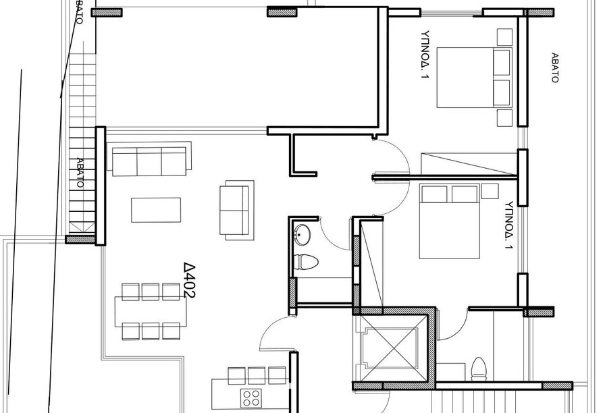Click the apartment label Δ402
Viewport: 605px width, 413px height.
click(190, 281)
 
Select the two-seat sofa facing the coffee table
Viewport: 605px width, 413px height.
click(237, 210)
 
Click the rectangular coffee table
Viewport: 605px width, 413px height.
click(156, 210)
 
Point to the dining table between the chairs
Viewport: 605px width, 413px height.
click(151, 312)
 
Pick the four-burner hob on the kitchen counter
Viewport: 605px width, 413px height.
click(251, 398)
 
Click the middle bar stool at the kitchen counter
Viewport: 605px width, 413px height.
click(256, 376)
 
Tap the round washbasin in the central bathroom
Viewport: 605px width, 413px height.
click(302, 234)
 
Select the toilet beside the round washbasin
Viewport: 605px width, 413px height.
click(305, 263)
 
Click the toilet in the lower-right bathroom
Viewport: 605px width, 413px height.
click(479, 369)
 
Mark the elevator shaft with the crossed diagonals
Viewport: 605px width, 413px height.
click(390, 349)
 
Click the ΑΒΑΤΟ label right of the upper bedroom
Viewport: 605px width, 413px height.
click(555, 68)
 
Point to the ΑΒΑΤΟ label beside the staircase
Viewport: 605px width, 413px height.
click(80, 172)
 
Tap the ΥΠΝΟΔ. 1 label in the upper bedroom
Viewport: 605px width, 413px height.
click(425, 55)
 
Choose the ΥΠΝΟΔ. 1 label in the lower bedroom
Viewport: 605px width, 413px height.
click(509, 225)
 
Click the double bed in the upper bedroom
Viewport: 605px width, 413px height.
click(475, 78)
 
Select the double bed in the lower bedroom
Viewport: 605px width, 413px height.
click(450, 221)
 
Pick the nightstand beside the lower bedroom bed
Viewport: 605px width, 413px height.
click(490, 191)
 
